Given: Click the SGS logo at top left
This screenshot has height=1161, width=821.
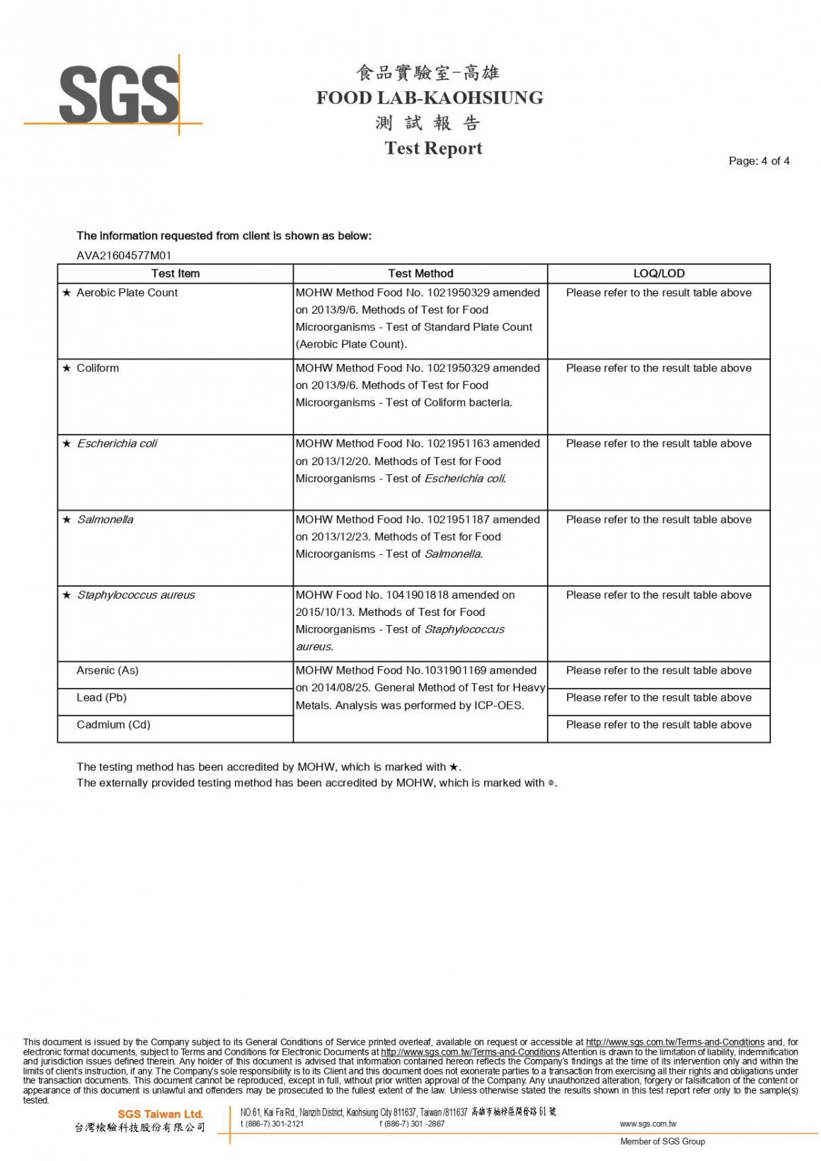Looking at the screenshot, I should pyautogui.click(x=118, y=95).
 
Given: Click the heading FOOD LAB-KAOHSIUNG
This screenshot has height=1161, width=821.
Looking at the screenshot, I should pyautogui.click(x=430, y=98).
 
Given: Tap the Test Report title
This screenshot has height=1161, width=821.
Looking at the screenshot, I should pyautogui.click(x=433, y=148).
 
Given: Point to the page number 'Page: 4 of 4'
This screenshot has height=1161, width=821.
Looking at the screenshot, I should pyautogui.click(x=759, y=161).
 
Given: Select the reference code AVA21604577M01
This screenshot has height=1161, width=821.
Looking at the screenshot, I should pyautogui.click(x=124, y=256).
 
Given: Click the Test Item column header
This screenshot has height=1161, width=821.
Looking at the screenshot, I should pyautogui.click(x=176, y=273).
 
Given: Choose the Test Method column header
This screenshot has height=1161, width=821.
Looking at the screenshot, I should pyautogui.click(x=420, y=273).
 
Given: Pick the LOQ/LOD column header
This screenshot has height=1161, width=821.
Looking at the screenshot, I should pyautogui.click(x=658, y=273).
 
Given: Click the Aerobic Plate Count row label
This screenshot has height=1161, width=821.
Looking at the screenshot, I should pyautogui.click(x=127, y=292).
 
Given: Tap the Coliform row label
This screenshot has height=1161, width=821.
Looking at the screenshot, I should pyautogui.click(x=98, y=368).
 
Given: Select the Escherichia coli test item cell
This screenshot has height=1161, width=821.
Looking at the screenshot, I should pyautogui.click(x=117, y=444).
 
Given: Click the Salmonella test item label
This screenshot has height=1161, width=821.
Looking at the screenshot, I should pyautogui.click(x=105, y=520).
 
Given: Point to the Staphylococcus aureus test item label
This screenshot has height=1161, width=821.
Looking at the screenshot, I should pyautogui.click(x=136, y=595).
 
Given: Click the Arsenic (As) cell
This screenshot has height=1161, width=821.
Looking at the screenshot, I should pyautogui.click(x=108, y=670).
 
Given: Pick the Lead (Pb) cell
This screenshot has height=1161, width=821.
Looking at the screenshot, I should pyautogui.click(x=101, y=697).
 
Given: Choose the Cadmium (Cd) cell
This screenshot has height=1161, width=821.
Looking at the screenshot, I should pyautogui.click(x=113, y=724).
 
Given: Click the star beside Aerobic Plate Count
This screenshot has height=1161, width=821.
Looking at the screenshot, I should pyautogui.click(x=67, y=293).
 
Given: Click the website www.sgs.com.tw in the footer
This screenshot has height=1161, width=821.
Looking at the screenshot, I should pyautogui.click(x=648, y=1123).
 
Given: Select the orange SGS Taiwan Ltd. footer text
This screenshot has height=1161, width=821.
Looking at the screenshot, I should pyautogui.click(x=160, y=1114).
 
